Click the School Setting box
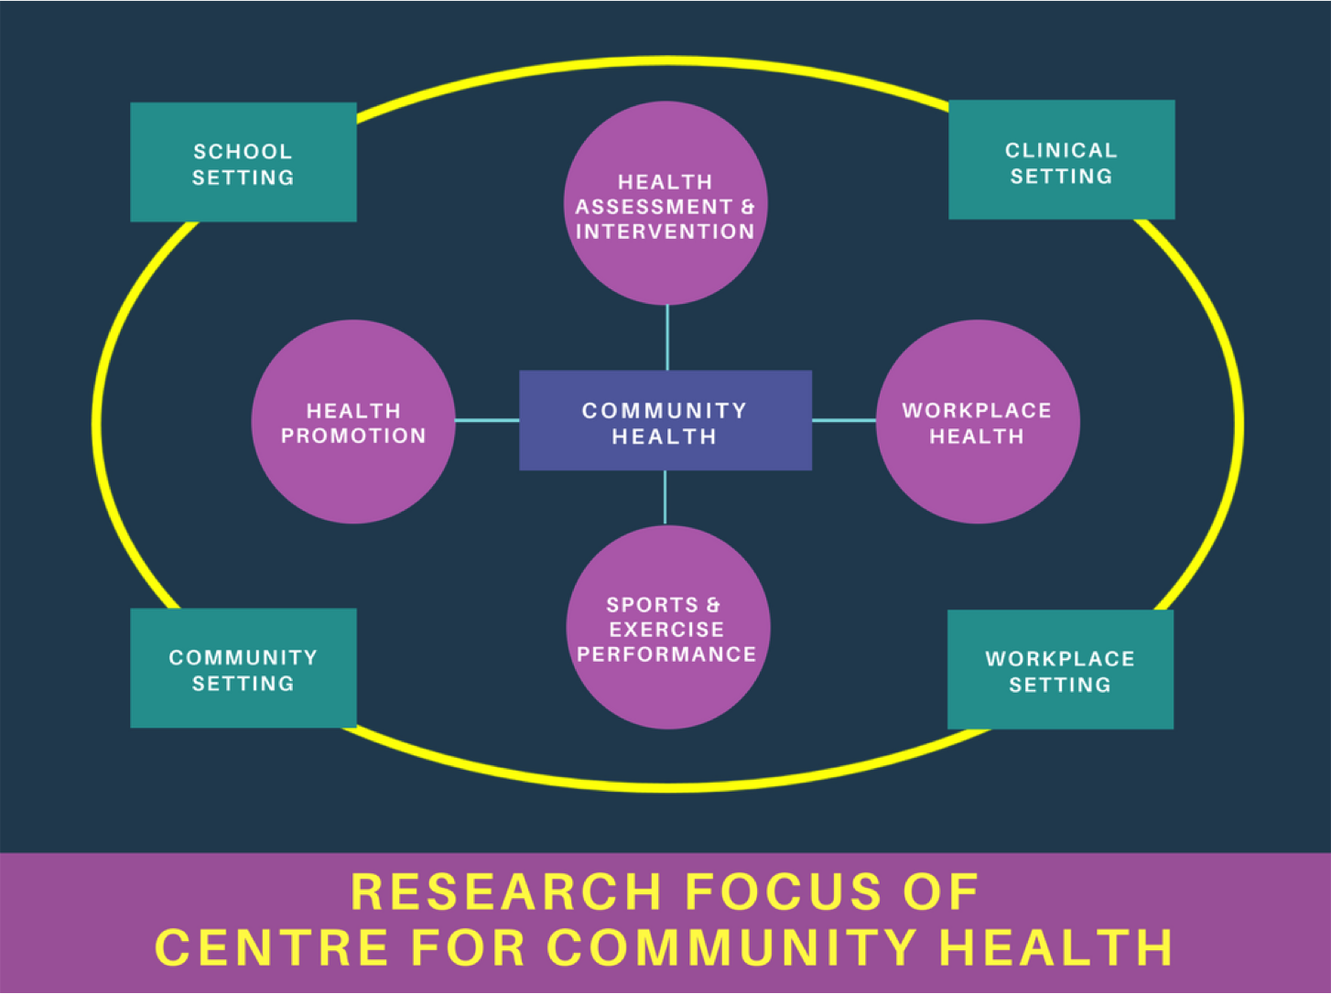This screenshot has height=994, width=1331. (x=243, y=162)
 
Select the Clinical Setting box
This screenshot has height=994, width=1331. (x=1061, y=160)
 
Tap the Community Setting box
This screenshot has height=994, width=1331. (x=243, y=668)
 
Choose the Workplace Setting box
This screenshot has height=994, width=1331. (x=1060, y=669)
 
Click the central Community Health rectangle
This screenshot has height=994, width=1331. (x=665, y=421)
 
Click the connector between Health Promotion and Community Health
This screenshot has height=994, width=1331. (x=487, y=420)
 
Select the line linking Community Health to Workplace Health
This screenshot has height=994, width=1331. (x=844, y=420)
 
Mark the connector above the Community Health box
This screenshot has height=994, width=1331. (x=667, y=337)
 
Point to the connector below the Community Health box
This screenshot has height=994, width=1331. (x=665, y=497)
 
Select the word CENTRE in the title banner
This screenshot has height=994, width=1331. (x=272, y=946)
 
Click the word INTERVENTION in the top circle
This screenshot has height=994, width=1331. (x=665, y=232)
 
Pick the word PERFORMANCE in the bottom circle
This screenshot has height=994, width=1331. (x=666, y=654)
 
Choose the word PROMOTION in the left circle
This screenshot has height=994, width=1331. (x=353, y=436)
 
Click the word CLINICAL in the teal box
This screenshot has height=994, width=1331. (x=1061, y=150)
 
